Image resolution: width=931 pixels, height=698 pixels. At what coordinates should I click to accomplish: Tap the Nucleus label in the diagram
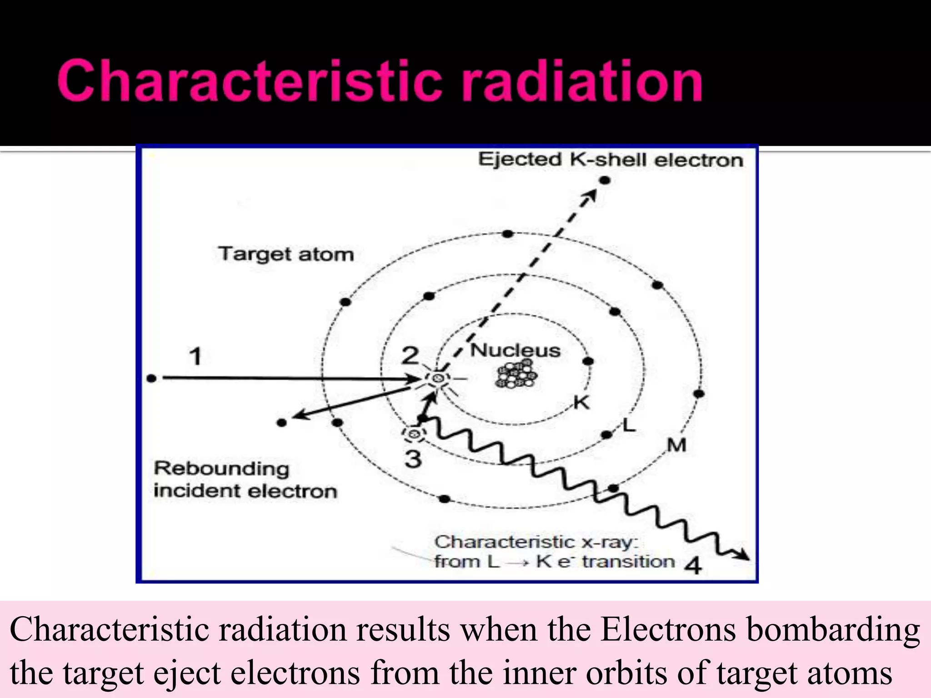tap(515, 350)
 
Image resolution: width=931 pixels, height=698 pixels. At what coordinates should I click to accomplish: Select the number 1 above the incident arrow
tap(195, 356)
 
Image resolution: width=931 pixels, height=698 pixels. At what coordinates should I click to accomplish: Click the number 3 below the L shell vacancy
tap(413, 458)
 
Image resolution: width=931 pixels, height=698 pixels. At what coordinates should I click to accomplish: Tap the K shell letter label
tap(581, 403)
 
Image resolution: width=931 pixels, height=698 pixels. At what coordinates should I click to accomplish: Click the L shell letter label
tap(629, 426)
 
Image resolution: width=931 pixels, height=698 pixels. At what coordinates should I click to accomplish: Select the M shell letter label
tap(676, 445)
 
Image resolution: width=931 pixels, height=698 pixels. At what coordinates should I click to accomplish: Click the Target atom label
tap(285, 254)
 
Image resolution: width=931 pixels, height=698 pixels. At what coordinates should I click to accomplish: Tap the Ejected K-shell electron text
tap(610, 160)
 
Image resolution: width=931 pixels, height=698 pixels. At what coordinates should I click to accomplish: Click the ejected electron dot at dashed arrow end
tap(605, 180)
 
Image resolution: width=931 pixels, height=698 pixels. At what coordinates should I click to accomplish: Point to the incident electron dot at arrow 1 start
tap(152, 378)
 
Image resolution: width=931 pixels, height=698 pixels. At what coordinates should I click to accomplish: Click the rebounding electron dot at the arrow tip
tap(281, 423)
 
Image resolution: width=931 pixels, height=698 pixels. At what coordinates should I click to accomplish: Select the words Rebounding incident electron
tap(245, 480)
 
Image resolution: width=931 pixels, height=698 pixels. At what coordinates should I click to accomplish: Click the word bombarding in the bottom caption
tap(833, 630)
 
